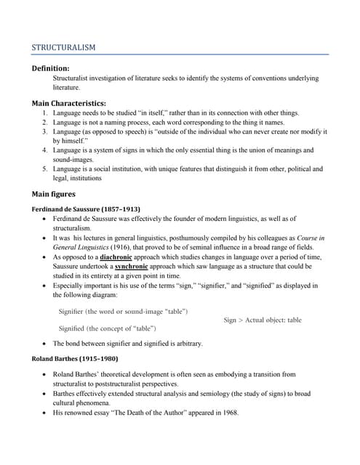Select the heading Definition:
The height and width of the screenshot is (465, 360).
(51, 68)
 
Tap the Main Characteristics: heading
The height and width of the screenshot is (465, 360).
(68, 103)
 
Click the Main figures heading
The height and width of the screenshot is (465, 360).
(53, 194)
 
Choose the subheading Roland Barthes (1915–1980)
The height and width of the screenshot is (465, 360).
(75, 359)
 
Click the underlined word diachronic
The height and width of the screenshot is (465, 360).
(121, 257)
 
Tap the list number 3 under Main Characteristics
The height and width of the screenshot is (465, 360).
(45, 132)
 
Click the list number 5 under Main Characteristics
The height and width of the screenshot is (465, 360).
(45, 169)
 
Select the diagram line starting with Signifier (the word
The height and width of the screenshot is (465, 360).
(123, 311)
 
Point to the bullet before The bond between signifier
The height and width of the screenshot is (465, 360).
(47, 344)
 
